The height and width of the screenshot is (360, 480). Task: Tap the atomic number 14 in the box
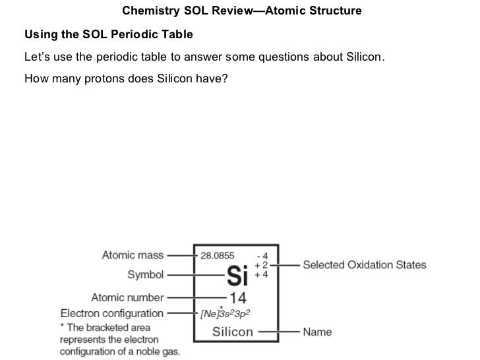point(238,297)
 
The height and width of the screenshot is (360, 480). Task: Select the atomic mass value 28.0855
point(216,255)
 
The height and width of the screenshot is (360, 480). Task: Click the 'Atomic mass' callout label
point(133,255)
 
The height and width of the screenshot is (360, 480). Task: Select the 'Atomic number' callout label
point(127,297)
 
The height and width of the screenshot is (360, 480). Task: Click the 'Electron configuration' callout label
point(111,314)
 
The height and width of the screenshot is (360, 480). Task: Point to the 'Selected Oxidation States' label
point(364,265)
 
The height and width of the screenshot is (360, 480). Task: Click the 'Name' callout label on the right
point(317,332)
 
